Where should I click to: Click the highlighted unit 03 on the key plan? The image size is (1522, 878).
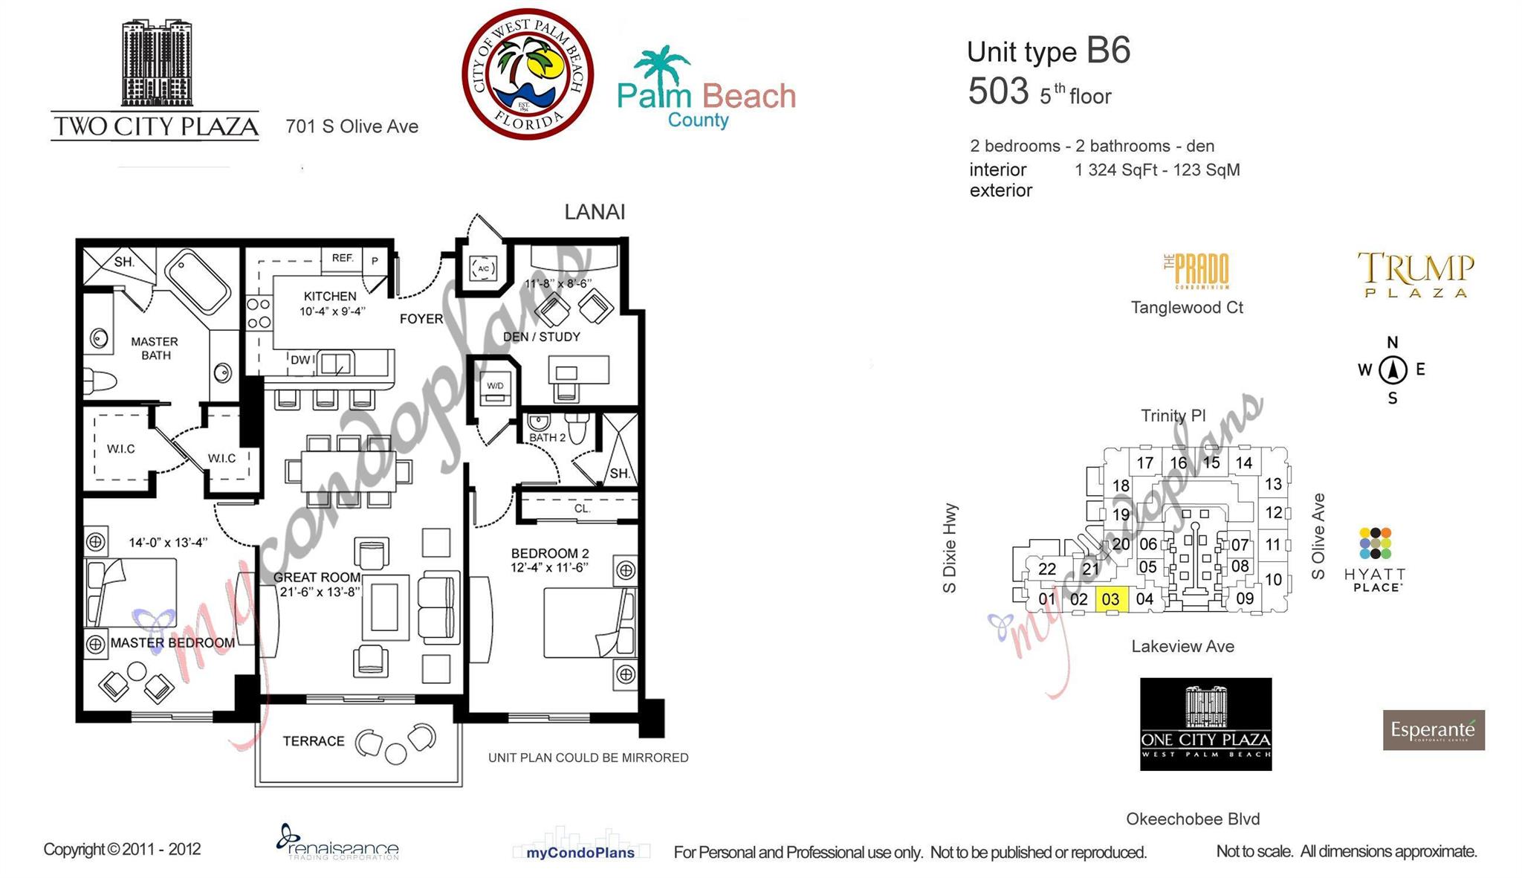[1111, 599]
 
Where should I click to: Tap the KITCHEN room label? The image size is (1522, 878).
[330, 296]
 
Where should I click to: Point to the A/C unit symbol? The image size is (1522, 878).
[483, 268]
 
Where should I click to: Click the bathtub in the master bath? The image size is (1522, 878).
[198, 282]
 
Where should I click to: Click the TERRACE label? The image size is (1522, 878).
[313, 741]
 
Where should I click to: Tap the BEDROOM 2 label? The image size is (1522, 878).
[549, 553]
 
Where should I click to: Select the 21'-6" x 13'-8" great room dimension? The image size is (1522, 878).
[320, 592]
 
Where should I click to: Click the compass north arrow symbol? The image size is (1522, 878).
[1393, 369]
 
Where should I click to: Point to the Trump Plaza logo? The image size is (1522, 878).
[1416, 274]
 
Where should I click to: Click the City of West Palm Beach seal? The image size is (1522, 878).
[528, 74]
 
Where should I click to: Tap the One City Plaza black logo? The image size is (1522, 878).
[1205, 723]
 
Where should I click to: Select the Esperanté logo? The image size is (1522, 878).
[1433, 730]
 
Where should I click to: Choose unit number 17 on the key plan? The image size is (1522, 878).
[1144, 463]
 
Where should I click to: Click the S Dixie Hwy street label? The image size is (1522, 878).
[950, 548]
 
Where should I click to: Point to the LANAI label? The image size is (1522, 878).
[595, 212]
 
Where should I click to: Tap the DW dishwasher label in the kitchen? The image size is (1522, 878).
[300, 360]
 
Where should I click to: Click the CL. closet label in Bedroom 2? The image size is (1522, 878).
[582, 509]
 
